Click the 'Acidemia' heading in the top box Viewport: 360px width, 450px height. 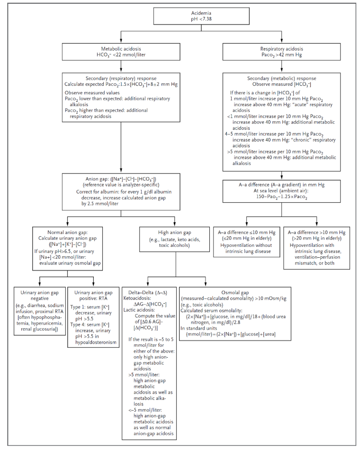(x=201, y=13)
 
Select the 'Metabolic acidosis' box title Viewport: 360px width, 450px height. (x=121, y=49)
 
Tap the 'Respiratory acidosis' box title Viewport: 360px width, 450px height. (x=282, y=49)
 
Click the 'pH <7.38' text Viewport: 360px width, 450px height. (x=201, y=19)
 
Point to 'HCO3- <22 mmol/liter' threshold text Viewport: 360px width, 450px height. (x=121, y=55)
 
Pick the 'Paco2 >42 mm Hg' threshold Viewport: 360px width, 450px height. (x=282, y=55)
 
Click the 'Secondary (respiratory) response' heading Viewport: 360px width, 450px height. (x=121, y=78)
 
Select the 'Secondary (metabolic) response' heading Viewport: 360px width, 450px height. (x=282, y=78)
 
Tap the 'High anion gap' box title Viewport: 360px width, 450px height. (x=174, y=233)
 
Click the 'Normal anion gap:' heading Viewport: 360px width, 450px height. (x=67, y=233)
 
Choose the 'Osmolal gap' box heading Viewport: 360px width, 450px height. (x=235, y=293)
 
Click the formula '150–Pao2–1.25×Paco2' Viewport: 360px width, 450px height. (x=282, y=197)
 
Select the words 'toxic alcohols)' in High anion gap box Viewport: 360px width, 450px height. (x=174, y=245)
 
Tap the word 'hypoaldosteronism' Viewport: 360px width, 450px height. (x=96, y=342)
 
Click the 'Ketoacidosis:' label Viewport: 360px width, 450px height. (x=137, y=298)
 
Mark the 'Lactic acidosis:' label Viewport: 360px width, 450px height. (x=139, y=310)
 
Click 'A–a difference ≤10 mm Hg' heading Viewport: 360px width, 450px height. (x=247, y=233)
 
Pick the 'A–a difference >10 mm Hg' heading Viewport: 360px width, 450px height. (x=316, y=233)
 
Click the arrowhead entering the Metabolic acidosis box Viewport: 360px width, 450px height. (x=121, y=41)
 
